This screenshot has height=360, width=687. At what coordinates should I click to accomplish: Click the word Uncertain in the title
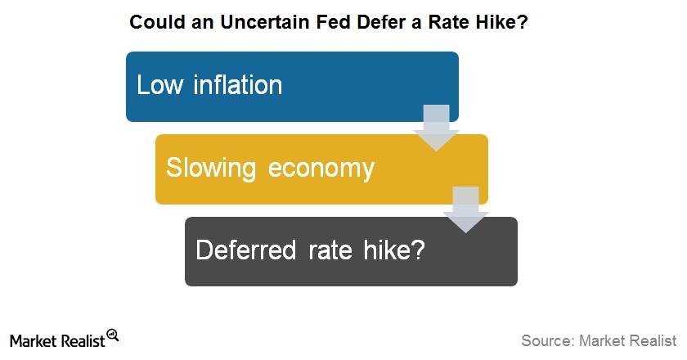[x=266, y=22]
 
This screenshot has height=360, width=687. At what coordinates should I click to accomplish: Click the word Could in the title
[x=157, y=22]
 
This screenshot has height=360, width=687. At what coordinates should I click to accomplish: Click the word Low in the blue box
[x=159, y=84]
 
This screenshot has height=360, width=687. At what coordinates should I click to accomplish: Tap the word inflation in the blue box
[x=237, y=84]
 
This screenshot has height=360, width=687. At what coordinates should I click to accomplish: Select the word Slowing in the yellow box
[x=211, y=169]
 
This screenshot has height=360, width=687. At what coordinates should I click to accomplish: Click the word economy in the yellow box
[x=321, y=169]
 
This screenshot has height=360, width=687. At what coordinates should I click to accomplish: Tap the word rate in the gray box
[x=330, y=251]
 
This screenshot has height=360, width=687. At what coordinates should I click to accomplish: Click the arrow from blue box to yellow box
[x=437, y=128]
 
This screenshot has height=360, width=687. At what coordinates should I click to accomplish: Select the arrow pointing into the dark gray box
[x=465, y=209]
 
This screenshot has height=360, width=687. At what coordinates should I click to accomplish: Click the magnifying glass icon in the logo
[x=113, y=335]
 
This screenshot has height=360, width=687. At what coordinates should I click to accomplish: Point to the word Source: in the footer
[x=548, y=340]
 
